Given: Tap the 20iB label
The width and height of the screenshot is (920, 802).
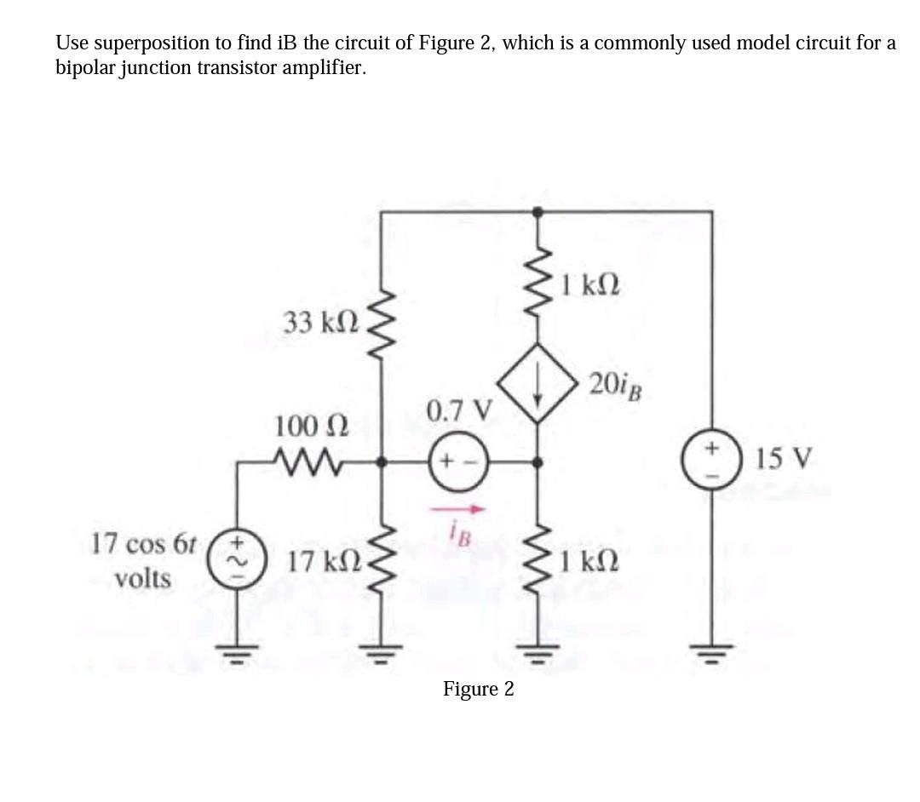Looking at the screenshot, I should [615, 386].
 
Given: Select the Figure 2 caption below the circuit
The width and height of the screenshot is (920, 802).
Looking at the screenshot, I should [478, 689].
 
